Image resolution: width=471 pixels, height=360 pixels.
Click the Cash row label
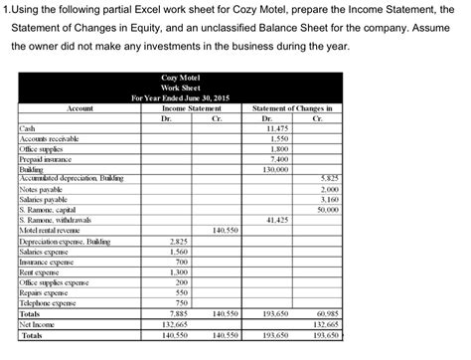click(28, 129)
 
